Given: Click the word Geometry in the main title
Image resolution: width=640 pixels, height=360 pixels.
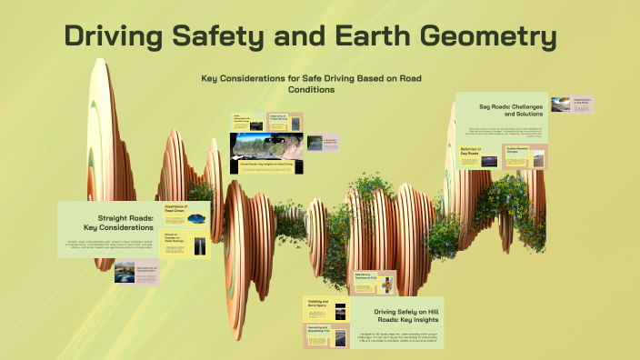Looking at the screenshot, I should (x=480, y=38).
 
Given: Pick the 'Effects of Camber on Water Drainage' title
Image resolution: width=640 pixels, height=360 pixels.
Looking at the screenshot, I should (x=175, y=241).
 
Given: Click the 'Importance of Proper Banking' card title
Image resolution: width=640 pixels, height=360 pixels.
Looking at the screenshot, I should (x=278, y=118).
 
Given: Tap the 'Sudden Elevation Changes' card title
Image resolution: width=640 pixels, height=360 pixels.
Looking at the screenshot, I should (x=516, y=151).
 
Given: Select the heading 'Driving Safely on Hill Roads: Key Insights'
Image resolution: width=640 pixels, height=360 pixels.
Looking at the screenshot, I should (x=405, y=315).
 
